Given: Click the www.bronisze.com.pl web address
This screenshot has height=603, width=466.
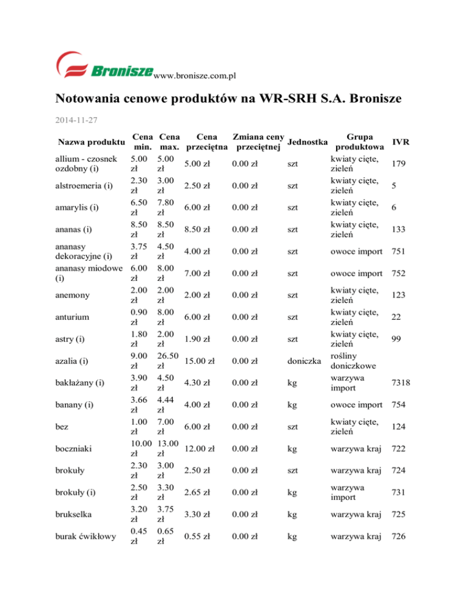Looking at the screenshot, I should coord(194,75).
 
